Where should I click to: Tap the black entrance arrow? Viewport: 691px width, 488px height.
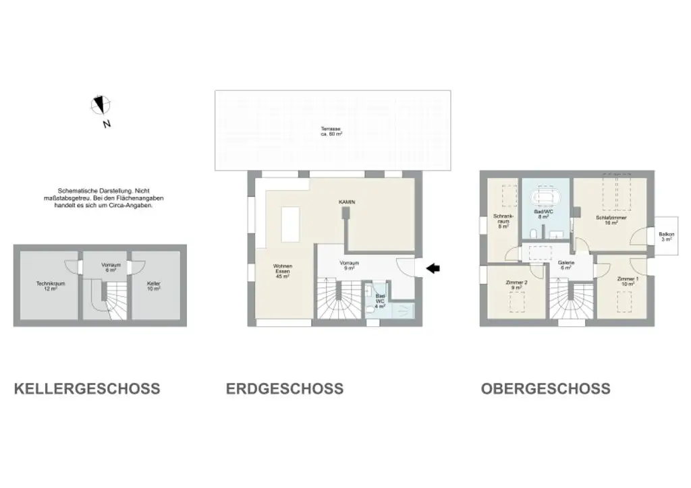[433, 269]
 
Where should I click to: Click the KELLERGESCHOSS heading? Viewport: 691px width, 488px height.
[87, 389]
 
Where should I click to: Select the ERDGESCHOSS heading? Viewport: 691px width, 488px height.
[284, 389]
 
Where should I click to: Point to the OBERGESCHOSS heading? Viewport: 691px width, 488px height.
[545, 389]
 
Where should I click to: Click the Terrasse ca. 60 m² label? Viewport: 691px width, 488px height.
[331, 131]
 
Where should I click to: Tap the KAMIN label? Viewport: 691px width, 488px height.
[347, 202]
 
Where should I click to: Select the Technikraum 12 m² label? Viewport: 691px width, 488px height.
[51, 286]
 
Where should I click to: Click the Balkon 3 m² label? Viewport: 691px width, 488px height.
[666, 237]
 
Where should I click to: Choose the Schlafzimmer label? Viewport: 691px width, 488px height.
[610, 220]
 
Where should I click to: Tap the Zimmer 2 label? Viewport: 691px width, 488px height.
[516, 285]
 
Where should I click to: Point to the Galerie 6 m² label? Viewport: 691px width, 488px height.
[565, 265]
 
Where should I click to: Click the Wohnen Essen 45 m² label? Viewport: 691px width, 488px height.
[282, 271]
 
